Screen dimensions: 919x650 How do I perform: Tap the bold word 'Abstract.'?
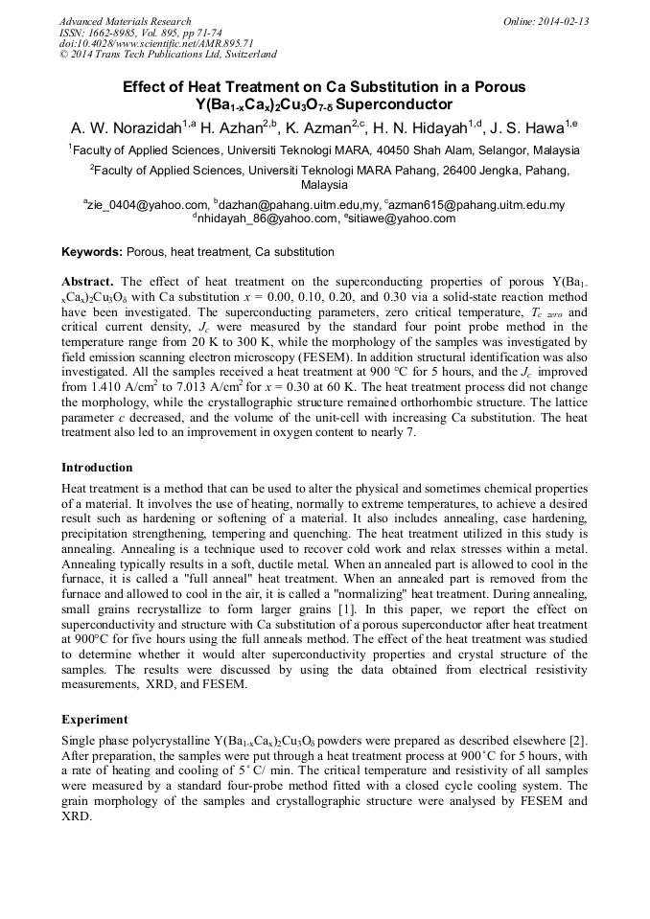click(89, 282)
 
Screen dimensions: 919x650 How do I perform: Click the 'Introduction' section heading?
click(97, 468)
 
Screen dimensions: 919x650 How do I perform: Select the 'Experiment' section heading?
click(95, 718)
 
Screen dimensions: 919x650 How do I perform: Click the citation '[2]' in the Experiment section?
click(578, 740)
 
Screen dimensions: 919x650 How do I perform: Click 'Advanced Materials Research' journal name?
click(125, 21)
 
